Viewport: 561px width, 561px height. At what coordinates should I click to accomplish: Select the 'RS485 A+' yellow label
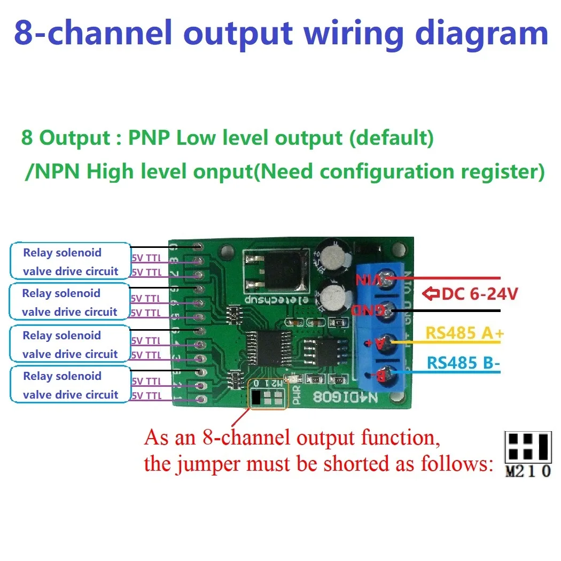click(x=464, y=333)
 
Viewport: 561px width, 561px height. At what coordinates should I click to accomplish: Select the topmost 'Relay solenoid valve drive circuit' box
click(x=70, y=261)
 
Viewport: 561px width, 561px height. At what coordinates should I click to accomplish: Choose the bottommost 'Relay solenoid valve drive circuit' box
click(x=70, y=385)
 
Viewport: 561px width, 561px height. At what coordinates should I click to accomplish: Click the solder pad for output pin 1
click(x=200, y=399)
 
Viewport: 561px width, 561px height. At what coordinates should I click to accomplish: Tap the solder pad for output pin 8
click(x=199, y=262)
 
